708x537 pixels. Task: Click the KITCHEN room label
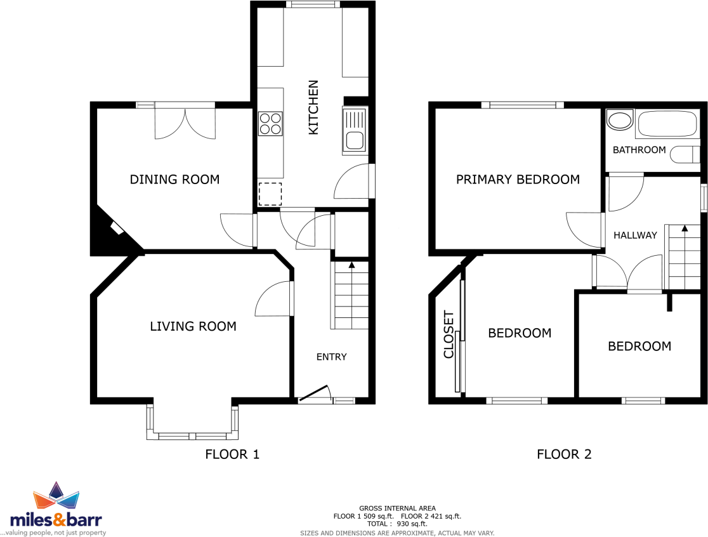coord(313,107)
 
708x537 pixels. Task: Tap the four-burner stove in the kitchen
coord(270,123)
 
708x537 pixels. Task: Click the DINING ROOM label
coord(174,180)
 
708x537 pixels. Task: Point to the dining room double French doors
coord(185,123)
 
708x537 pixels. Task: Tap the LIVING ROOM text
coord(193,326)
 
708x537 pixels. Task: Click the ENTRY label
coord(331,357)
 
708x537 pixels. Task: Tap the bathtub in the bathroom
coord(666,124)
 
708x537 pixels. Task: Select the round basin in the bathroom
coord(619,120)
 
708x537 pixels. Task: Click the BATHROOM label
coord(639,150)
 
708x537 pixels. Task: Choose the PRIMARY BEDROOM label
coord(518,180)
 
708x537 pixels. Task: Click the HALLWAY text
coord(635,235)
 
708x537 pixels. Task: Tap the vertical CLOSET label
coord(449,335)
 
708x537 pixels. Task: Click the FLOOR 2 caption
coord(564,454)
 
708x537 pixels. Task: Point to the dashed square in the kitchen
coord(270,194)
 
